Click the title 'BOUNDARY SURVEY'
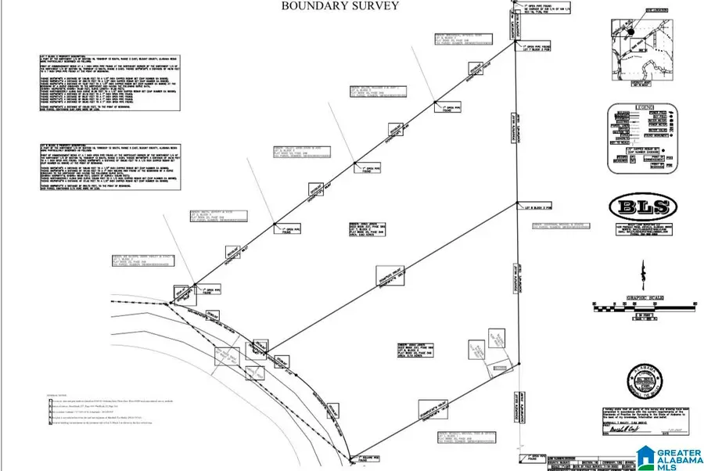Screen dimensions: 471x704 click(x=340, y=6)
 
